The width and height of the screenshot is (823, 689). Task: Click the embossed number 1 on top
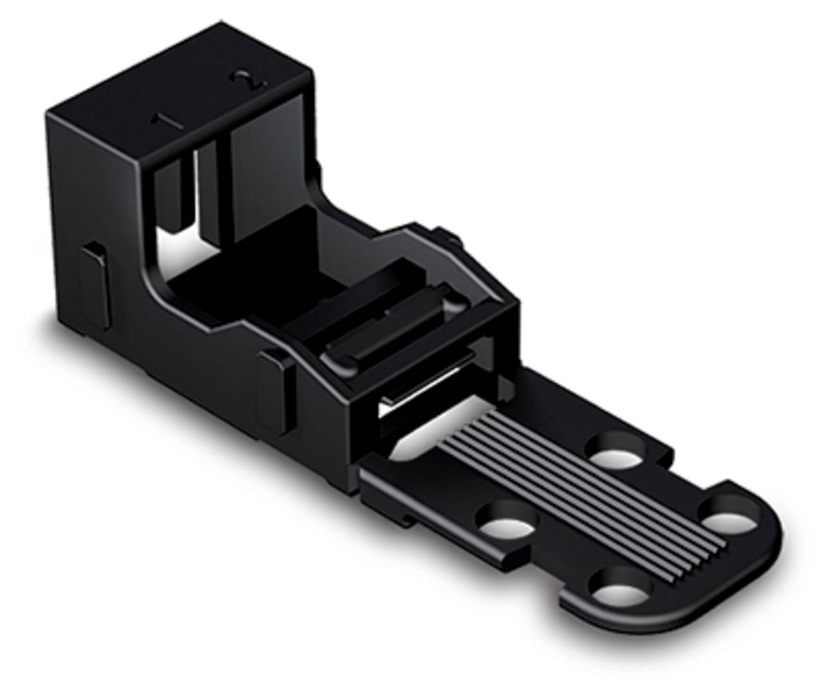[x=157, y=120]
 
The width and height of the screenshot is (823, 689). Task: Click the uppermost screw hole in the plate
[x=618, y=451]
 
